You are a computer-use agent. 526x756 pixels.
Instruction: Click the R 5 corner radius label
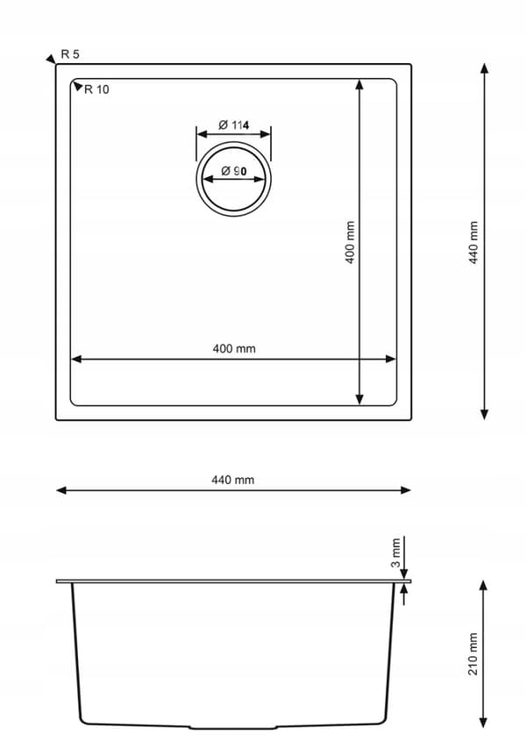(70, 54)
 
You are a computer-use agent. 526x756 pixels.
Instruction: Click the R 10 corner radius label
(96, 89)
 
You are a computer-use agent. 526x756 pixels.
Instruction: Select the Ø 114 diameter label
(234, 125)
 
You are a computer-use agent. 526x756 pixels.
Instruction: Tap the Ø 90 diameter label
(234, 171)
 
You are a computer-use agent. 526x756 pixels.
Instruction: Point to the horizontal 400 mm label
(234, 348)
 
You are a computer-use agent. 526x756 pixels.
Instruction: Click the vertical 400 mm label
(351, 243)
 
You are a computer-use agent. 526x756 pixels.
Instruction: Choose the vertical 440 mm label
(473, 243)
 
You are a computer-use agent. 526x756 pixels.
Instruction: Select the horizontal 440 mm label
(233, 480)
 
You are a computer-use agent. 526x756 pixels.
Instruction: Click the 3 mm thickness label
(396, 553)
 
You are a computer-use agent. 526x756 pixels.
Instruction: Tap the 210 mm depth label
(473, 654)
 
